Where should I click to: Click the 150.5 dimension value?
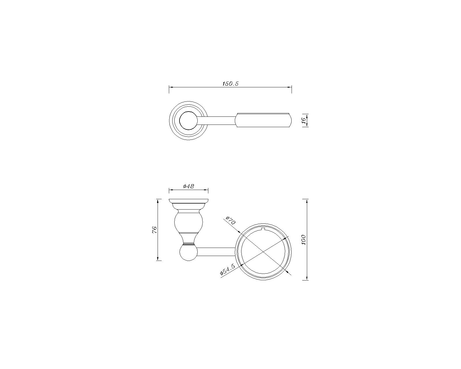pos(230,84)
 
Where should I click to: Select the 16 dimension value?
pos(304,121)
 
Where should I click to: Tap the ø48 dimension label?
pos(188,186)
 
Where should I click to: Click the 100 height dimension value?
pos(304,240)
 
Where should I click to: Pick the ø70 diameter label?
pos(231,221)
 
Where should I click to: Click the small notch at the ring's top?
pos(263,229)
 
